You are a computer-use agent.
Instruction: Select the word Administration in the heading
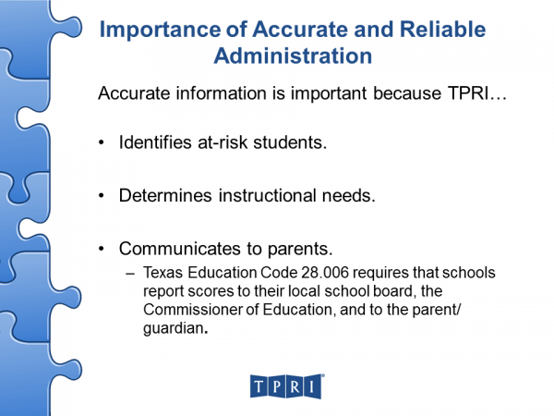(x=293, y=55)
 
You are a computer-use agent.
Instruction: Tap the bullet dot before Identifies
(x=102, y=143)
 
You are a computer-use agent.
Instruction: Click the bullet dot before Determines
(x=102, y=196)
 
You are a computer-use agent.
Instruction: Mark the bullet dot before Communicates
(x=102, y=249)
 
